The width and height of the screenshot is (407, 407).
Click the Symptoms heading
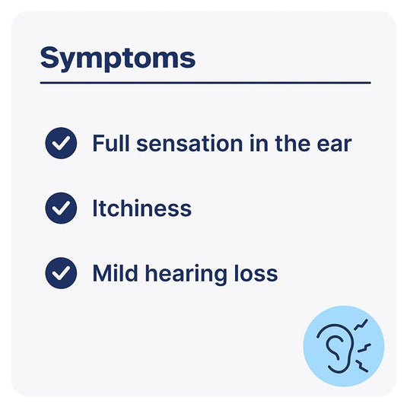click(118, 59)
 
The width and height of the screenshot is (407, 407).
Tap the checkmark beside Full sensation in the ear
click(61, 143)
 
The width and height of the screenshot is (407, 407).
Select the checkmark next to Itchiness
click(61, 208)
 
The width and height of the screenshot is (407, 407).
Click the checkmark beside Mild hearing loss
click(61, 273)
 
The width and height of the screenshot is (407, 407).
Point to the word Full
click(111, 143)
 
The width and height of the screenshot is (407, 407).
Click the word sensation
click(189, 144)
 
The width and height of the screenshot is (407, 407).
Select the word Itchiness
click(142, 208)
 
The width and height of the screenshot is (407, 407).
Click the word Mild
click(115, 273)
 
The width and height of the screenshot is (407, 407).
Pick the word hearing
click(186, 275)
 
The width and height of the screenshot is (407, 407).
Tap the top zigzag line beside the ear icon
click(361, 325)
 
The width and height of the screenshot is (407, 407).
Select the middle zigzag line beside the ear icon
click(364, 348)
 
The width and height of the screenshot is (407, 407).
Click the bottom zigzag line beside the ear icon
click(362, 366)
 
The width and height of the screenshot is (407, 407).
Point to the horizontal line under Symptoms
click(205, 83)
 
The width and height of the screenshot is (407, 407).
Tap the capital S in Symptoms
click(50, 57)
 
